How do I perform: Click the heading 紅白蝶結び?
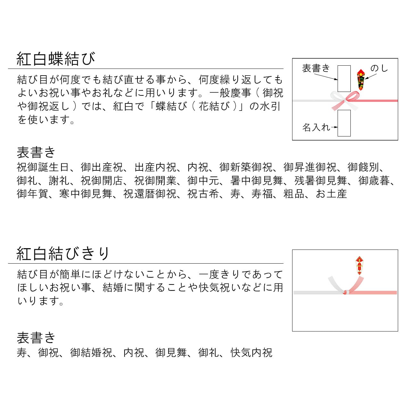click(x=56, y=59)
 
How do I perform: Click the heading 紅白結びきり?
click(x=63, y=254)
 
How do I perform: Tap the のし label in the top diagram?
click(x=379, y=69)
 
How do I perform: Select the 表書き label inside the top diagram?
click(x=316, y=68)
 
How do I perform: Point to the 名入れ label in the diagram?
click(x=316, y=127)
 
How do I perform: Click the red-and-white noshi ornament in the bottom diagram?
click(x=359, y=265)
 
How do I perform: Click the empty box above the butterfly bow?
click(x=344, y=78)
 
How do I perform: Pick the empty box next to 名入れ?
click(x=344, y=123)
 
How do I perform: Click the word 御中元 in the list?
click(x=203, y=181)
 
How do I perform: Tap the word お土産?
click(x=331, y=194)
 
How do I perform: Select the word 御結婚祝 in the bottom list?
click(x=91, y=353)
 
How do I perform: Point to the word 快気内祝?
click(x=251, y=353)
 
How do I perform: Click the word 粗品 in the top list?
click(x=294, y=194)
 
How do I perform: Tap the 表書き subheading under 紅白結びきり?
click(x=36, y=338)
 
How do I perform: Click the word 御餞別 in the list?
click(x=363, y=167)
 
